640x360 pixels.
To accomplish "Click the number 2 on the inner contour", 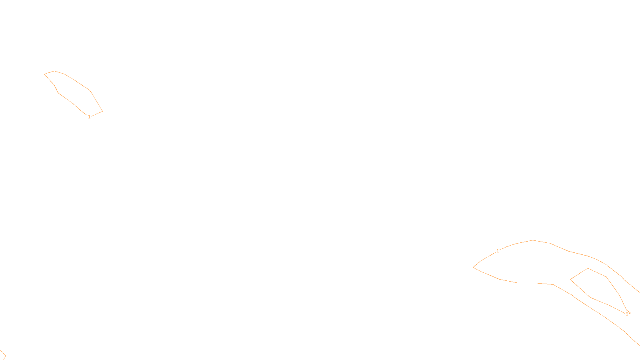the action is tap(627, 314).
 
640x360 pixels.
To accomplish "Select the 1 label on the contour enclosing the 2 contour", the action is tap(498, 251).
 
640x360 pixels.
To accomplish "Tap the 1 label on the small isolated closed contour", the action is tap(89, 117).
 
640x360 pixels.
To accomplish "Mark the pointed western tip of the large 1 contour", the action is tap(474, 267).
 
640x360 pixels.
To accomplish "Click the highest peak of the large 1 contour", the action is tap(533, 240).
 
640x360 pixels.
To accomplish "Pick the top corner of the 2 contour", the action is tap(588, 268).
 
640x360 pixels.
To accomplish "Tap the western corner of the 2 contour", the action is tap(570, 280).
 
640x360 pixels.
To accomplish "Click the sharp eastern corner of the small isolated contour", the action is tap(102, 111).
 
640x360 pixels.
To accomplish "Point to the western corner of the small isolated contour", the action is tap(44, 74).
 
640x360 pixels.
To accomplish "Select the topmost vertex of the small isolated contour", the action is tap(54, 71).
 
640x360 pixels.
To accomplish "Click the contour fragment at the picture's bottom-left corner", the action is tap(2, 354).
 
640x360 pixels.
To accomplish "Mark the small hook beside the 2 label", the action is tap(630, 312).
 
